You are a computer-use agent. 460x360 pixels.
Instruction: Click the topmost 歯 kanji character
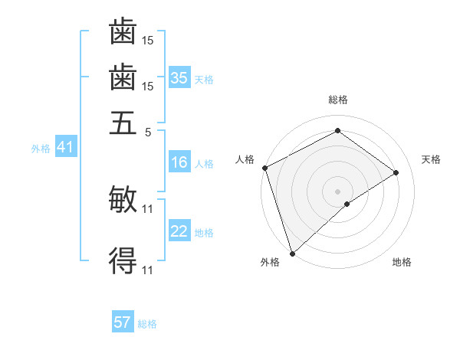click(123, 31)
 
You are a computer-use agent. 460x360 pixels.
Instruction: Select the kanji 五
click(123, 123)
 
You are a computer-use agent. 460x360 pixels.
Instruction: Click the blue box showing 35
click(179, 77)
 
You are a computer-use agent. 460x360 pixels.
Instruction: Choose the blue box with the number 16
click(179, 162)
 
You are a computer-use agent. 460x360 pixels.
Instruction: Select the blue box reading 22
click(179, 231)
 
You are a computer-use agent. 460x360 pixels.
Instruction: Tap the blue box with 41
click(64, 147)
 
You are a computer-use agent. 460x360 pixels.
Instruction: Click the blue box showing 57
click(123, 322)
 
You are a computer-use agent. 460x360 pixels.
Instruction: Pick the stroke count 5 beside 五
click(149, 131)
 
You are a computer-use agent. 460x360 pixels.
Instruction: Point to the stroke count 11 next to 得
click(149, 270)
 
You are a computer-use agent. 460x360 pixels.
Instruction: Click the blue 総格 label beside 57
click(147, 324)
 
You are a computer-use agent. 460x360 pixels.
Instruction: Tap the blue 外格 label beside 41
click(40, 149)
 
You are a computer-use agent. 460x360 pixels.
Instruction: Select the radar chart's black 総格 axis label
click(337, 100)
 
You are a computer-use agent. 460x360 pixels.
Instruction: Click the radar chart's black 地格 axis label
click(402, 263)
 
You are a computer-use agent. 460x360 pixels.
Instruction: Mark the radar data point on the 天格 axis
click(396, 172)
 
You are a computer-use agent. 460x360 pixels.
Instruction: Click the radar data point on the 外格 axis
click(292, 254)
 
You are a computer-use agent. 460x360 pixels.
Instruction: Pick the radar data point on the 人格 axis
click(264, 168)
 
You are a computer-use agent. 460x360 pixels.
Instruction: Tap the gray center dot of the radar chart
click(337, 191)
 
